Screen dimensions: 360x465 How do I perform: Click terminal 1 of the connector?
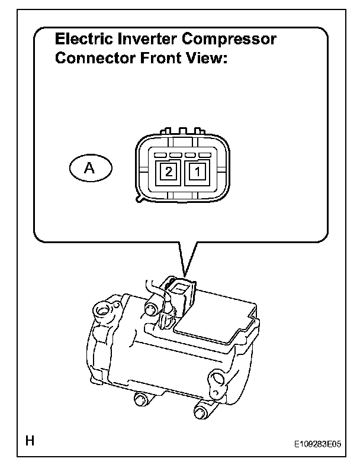(195, 172)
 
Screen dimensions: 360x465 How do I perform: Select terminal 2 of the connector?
(168, 172)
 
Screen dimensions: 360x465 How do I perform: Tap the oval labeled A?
(89, 168)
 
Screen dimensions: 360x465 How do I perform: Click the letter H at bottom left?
(28, 441)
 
